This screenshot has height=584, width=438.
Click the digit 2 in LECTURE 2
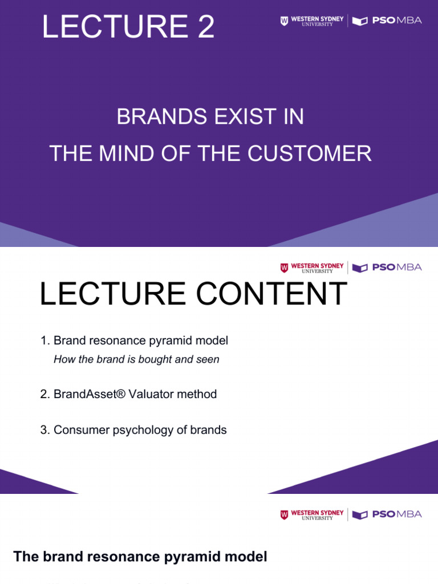pyautogui.click(x=206, y=27)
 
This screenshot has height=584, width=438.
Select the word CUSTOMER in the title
pyautogui.click(x=318, y=153)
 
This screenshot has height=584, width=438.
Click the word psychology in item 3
pyautogui.click(x=123, y=430)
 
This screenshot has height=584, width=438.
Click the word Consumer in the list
pyautogui.click(x=75, y=430)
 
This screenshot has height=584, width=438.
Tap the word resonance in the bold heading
pyautogui.click(x=106, y=557)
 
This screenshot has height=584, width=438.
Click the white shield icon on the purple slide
pyautogui.click(x=284, y=21)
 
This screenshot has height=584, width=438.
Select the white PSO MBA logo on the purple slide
pyautogui.click(x=387, y=21)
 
